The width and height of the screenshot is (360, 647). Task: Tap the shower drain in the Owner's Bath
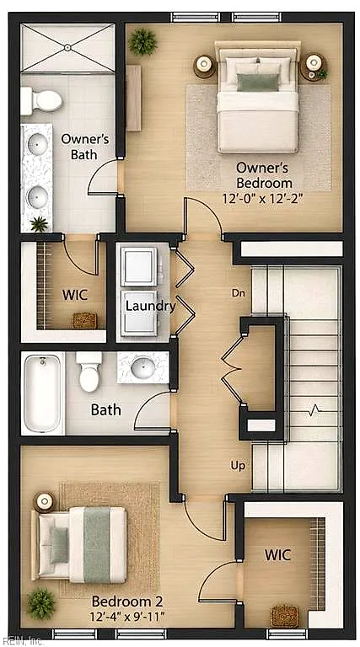tap(67, 48)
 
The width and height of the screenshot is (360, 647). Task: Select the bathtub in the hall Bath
tap(42, 393)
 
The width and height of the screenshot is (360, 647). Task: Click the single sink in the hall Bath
tap(142, 366)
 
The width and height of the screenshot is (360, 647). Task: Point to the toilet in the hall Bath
tap(89, 372)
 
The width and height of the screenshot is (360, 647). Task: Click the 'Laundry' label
tap(151, 306)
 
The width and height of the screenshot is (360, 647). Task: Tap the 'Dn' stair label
tap(239, 293)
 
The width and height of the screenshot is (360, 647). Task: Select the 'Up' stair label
tap(239, 466)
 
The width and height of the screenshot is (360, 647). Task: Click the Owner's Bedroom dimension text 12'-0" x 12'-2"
tap(263, 199)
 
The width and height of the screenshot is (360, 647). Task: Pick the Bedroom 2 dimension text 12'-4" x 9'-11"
tap(127, 617)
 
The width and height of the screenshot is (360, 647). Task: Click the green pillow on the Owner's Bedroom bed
tap(258, 83)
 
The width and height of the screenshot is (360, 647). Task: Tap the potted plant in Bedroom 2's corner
tap(40, 604)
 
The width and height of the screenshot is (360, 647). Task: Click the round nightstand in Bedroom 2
tap(44, 502)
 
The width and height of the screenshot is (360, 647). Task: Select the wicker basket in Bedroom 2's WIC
tap(284, 617)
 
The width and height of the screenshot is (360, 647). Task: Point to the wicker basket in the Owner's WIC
tap(85, 320)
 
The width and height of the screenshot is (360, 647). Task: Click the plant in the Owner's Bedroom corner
tap(142, 41)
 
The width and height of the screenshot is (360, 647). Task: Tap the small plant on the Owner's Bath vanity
tap(40, 224)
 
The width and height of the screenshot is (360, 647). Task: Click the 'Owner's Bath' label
tap(84, 147)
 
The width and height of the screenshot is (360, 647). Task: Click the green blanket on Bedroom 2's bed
tap(97, 545)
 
